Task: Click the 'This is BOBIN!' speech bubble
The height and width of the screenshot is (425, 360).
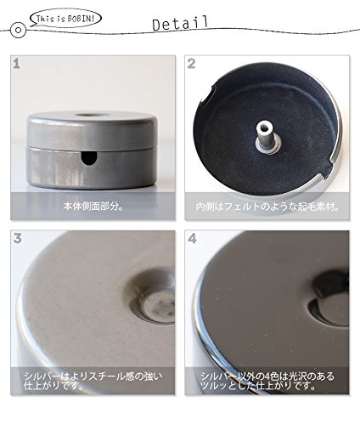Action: tap(65, 19)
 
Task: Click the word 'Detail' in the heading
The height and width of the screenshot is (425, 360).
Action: tap(180, 23)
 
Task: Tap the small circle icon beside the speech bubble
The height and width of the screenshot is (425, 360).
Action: tap(19, 30)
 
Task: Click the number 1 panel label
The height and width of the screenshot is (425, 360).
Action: tap(16, 64)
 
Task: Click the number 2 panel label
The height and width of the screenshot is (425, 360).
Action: tap(191, 64)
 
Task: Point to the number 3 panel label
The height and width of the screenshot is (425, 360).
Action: tap(18, 239)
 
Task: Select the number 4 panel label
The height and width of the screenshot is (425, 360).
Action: tap(192, 239)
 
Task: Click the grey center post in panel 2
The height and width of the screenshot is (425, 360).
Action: tap(266, 138)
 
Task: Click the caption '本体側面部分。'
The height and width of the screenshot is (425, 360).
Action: tap(93, 206)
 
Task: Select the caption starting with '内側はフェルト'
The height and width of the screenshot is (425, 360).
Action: tap(267, 207)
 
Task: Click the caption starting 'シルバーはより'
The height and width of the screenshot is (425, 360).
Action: tap(93, 381)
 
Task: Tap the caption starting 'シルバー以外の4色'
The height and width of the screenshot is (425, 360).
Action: tap(267, 381)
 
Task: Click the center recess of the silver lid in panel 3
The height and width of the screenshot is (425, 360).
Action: tap(159, 306)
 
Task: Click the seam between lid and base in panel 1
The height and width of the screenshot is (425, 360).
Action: tap(93, 148)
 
